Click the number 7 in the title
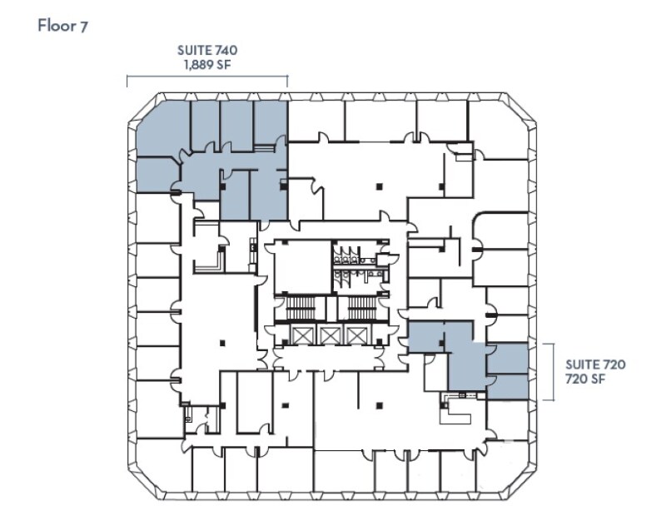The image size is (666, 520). pos(84,25)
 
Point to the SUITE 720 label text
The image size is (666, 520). pos(594,364)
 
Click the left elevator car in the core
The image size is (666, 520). pos(302,335)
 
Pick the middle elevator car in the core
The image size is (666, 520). pos(330,335)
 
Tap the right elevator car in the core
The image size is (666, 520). pos(356,335)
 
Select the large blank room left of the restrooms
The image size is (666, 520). pos(302,266)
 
